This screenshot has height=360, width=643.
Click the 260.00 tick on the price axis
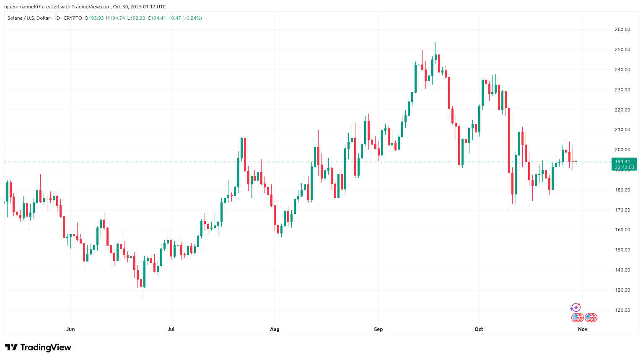622,29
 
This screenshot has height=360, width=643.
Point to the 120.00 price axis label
622,310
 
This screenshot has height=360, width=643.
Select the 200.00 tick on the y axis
622,150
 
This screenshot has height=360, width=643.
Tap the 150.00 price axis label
622,250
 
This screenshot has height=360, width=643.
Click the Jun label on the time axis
70,329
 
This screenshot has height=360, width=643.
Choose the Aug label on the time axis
275,329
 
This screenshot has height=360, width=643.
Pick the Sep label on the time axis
378,329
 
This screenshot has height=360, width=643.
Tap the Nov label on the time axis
583,329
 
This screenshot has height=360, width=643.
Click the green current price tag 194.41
624,161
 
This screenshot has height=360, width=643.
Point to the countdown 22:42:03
624,167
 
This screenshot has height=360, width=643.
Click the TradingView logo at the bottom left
38,347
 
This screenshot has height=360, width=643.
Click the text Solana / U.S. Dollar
29,18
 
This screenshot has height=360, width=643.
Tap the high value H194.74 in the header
115,18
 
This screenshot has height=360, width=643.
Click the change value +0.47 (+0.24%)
185,18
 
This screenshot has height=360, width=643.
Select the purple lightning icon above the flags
575,308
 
